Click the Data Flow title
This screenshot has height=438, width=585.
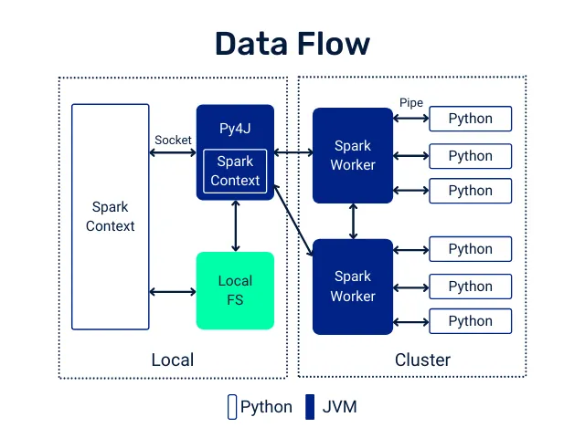click(292, 44)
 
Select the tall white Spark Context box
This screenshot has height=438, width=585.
click(110, 216)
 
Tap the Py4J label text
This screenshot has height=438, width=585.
click(235, 128)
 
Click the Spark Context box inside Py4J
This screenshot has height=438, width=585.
click(235, 171)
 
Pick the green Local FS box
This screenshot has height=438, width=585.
click(235, 290)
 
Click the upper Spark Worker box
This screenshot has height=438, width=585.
click(353, 155)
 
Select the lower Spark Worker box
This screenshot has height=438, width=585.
click(353, 286)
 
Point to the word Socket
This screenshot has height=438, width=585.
click(173, 140)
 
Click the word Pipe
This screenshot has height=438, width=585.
click(411, 103)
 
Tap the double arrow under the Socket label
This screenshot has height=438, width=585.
click(173, 152)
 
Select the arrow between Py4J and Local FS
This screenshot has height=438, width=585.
click(236, 225)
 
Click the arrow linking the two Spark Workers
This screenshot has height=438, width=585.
click(353, 221)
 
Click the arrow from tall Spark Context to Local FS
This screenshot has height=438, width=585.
click(173, 292)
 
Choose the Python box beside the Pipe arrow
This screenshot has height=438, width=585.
click(470, 119)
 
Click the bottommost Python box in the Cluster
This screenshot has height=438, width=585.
click(470, 321)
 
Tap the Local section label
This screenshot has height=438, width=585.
click(172, 360)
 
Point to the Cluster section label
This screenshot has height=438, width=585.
click(422, 360)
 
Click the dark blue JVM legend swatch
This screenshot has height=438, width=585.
click(310, 407)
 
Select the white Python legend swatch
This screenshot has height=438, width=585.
click(231, 407)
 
